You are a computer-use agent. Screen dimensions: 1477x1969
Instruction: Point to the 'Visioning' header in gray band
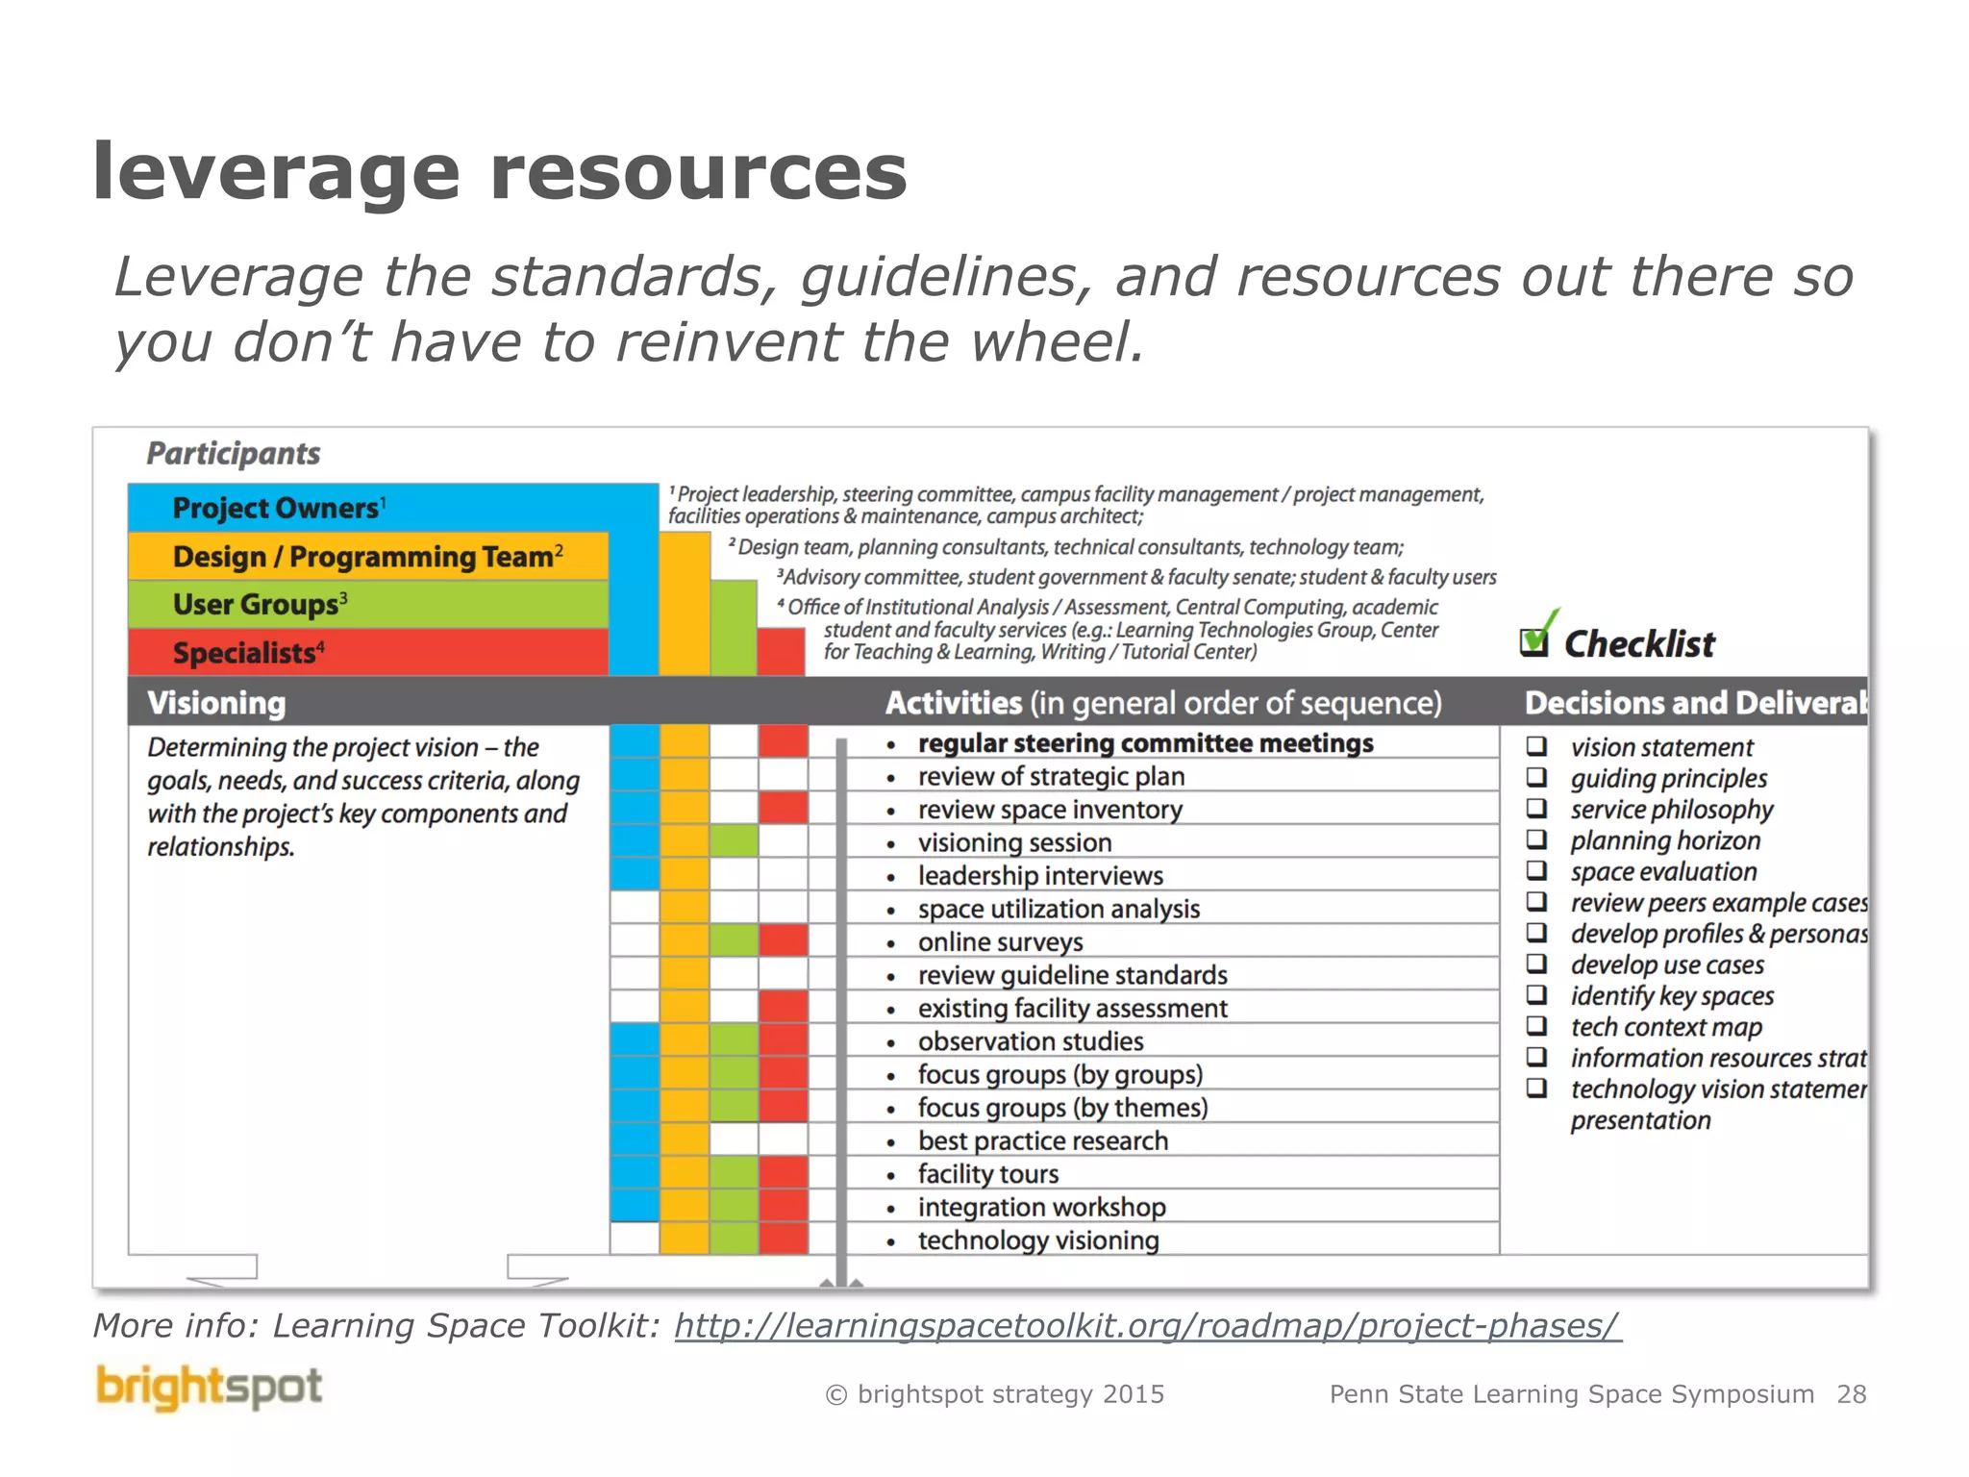tap(216, 703)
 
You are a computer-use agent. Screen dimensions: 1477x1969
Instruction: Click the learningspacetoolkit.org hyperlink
tap(1147, 1326)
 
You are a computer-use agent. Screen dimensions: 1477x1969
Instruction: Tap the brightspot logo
tap(209, 1388)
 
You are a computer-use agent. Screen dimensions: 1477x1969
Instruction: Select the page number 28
tap(1851, 1394)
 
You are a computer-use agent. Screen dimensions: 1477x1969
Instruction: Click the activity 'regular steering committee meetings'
tap(1145, 743)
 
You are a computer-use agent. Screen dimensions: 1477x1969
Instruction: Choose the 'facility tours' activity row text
tap(987, 1174)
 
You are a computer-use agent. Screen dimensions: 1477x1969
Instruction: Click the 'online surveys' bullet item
tap(1000, 942)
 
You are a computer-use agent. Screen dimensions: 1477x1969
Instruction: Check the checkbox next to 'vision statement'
tap(1537, 746)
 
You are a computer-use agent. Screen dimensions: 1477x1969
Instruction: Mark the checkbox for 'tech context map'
tap(1537, 1026)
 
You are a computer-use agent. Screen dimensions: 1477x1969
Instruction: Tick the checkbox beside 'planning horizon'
tap(1537, 839)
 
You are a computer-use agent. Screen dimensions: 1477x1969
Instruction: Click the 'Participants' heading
tap(233, 453)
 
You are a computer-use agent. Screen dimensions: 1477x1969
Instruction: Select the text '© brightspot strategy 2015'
tap(995, 1394)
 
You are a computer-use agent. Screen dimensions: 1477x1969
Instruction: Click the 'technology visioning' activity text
tap(1037, 1240)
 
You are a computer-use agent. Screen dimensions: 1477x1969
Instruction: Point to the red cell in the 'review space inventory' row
tap(783, 809)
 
